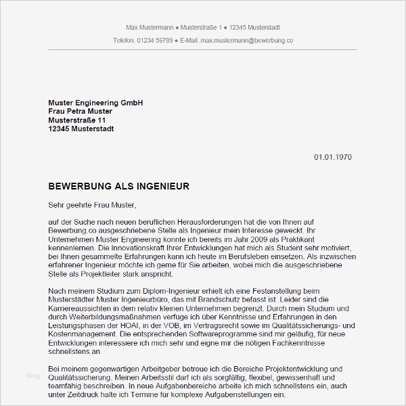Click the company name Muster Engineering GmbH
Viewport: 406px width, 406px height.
pos(95,103)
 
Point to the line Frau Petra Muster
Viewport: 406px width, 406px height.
pos(81,112)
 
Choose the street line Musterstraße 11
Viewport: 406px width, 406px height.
pos(77,120)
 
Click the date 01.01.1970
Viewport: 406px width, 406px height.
pos(332,157)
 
